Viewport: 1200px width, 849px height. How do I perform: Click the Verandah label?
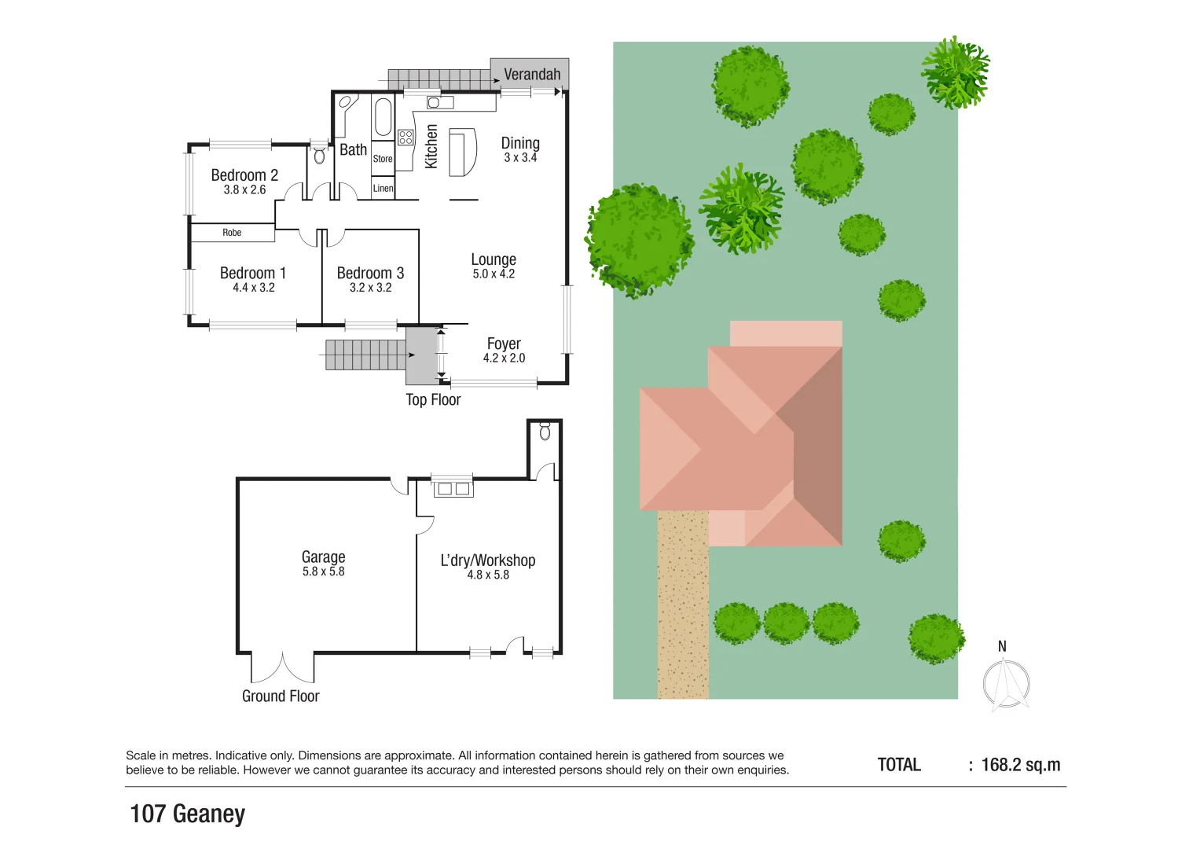click(532, 75)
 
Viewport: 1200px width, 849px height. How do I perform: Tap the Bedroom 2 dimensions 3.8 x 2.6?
click(244, 190)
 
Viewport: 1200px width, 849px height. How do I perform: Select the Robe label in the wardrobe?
click(232, 233)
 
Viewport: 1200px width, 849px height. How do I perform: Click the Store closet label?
click(383, 159)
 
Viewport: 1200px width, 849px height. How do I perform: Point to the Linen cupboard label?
click(383, 189)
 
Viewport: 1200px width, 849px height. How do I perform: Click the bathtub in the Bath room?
click(383, 117)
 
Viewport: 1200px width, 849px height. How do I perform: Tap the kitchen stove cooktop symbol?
click(406, 138)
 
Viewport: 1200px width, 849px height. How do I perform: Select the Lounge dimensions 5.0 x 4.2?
click(494, 274)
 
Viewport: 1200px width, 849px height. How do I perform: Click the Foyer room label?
click(504, 344)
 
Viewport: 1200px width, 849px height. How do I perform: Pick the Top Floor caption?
click(433, 400)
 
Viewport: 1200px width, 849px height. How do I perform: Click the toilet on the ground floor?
click(545, 432)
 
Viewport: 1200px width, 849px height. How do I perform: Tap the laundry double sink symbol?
click(453, 489)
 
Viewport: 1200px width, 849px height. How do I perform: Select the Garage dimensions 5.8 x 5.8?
click(323, 572)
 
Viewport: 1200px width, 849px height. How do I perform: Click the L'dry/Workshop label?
click(487, 560)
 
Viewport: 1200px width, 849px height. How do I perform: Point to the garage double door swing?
click(282, 668)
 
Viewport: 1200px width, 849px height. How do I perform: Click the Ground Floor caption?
click(281, 696)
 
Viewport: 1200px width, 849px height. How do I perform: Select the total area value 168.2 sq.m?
click(1020, 765)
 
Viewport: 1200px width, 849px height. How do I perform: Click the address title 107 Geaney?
click(187, 814)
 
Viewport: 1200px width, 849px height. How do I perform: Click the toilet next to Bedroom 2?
click(319, 156)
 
